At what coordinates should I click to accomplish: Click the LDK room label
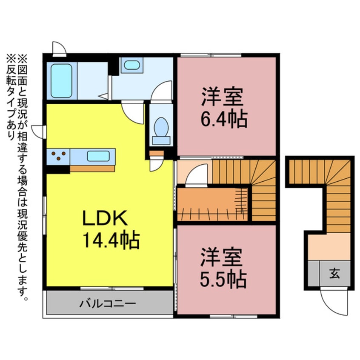105,219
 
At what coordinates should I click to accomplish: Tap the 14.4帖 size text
111,241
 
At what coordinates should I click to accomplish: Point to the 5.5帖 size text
223,279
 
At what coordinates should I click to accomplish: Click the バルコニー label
108,303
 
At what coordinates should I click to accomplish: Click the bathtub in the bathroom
61,81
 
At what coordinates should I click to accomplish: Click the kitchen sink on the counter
98,156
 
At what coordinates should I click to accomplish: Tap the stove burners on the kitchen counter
58,156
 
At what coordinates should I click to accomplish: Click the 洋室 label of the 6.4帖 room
222,97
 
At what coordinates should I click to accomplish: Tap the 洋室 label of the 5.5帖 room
222,257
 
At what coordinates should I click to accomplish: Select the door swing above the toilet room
162,90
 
